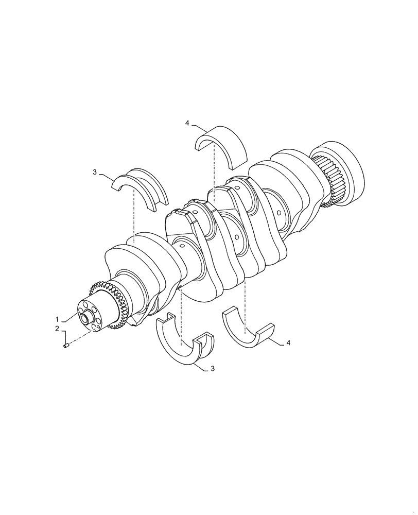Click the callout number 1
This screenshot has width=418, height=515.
pos(58,319)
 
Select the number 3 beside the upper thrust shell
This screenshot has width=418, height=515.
pos(95,172)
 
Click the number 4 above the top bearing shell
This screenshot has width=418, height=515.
pos(187,123)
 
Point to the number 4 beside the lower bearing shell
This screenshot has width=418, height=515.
pos(288,342)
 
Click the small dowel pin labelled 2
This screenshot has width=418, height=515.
pos(66,346)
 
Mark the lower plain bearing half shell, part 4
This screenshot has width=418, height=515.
pos(249,332)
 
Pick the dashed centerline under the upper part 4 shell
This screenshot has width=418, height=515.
pos(214,170)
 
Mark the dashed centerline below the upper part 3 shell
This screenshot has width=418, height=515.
pos(134,216)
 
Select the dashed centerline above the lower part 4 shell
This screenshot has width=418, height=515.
pos(245,304)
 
